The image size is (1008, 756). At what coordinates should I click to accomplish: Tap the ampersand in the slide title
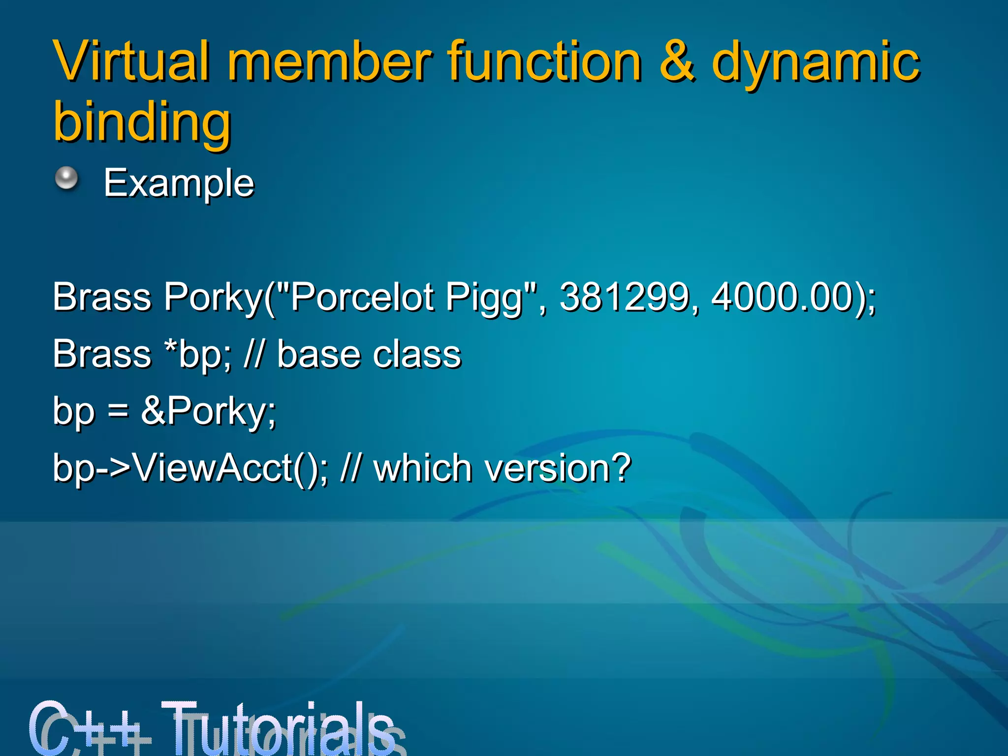(x=677, y=61)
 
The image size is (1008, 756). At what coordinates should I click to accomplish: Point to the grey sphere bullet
(x=66, y=178)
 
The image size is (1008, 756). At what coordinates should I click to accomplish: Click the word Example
(x=179, y=183)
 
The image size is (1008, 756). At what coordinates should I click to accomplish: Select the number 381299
(x=625, y=297)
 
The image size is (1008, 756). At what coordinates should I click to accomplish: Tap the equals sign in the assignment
(x=118, y=411)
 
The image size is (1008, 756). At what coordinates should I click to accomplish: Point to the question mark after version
(x=621, y=468)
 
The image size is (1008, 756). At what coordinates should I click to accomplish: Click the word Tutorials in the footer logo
(x=281, y=728)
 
